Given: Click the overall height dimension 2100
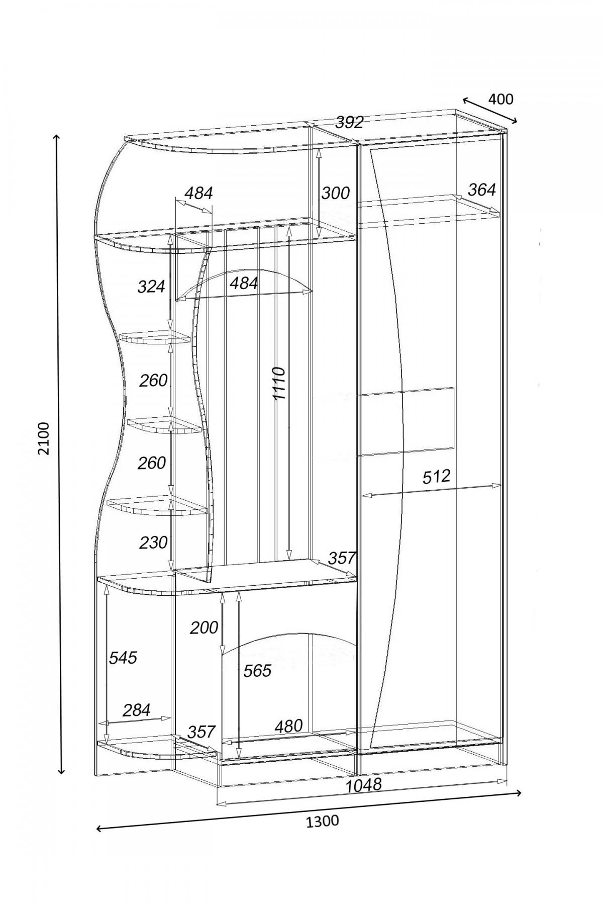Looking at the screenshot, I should [x=44, y=438].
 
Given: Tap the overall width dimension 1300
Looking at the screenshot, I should [x=322, y=822].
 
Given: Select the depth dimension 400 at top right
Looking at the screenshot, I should [x=500, y=99].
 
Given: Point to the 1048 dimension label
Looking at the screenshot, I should [x=364, y=785].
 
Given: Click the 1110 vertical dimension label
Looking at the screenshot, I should [x=279, y=383].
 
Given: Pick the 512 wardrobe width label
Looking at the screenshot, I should [x=436, y=476].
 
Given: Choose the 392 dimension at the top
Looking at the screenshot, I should [x=349, y=122].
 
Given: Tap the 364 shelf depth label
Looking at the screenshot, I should [x=481, y=190].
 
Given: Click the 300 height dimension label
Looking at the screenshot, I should [x=335, y=193].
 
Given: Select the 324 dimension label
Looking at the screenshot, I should [x=151, y=287].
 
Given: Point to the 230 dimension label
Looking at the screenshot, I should [x=153, y=542].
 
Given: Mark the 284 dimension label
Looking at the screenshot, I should [x=136, y=710].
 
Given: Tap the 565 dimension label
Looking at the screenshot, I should [x=257, y=670].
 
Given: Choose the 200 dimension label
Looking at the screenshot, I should [x=204, y=627].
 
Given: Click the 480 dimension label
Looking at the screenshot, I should [x=288, y=726].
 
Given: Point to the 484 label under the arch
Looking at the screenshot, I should [x=244, y=284].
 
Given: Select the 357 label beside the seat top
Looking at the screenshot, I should [x=342, y=558].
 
